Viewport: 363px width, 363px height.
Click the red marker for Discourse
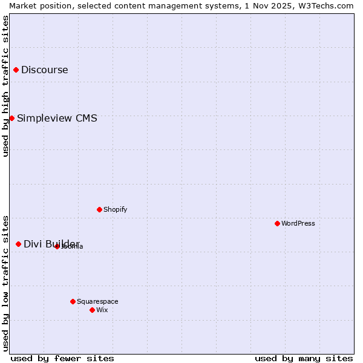pyautogui.click(x=16, y=70)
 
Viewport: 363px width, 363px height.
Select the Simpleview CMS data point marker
pyautogui.click(x=11, y=118)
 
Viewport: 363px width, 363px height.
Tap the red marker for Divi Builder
pyautogui.click(x=18, y=244)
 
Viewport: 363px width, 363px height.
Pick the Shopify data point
pyautogui.click(x=99, y=209)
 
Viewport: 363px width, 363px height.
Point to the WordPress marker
pyautogui.click(x=277, y=223)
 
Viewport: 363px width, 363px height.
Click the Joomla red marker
pyautogui.click(x=57, y=246)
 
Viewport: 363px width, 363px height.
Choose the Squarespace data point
pyautogui.click(x=73, y=301)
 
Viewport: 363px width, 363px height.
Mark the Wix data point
pyautogui.click(x=92, y=310)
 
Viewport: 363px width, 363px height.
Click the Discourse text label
pyautogui.click(x=45, y=70)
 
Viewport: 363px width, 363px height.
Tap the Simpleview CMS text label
pyautogui.click(x=57, y=118)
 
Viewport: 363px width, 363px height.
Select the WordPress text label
pyautogui.click(x=298, y=223)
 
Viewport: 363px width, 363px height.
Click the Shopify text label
pyautogui.click(x=116, y=209)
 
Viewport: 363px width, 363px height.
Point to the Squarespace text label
pyautogui.click(x=97, y=301)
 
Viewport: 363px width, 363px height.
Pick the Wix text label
pyautogui.click(x=102, y=310)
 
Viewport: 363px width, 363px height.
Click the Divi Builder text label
pyautogui.click(x=51, y=244)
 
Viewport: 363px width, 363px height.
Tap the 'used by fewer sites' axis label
pyautogui.click(x=62, y=358)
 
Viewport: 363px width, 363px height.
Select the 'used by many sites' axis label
pyautogui.click(x=304, y=358)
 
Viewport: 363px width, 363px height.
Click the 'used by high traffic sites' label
pyautogui.click(x=5, y=86)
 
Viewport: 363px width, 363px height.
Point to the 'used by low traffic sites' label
pyautogui.click(x=5, y=283)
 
